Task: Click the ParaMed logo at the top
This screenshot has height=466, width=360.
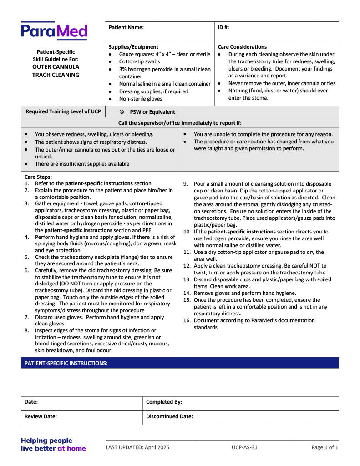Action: pos(54,31)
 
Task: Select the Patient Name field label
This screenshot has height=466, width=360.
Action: pos(126,27)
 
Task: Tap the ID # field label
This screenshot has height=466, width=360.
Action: pos(223,27)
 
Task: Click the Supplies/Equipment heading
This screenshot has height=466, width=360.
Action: pos(133,47)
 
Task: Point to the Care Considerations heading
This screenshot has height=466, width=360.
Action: pos(242,47)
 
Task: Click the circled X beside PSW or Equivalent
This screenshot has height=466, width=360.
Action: pos(122,112)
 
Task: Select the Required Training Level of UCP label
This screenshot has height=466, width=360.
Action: pos(63,111)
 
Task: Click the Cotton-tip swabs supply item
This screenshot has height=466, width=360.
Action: pos(139,61)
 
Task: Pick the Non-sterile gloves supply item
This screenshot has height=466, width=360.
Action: pos(141,99)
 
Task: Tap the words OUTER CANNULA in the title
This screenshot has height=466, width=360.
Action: pos(56,67)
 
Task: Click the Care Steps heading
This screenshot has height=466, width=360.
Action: pos(38,177)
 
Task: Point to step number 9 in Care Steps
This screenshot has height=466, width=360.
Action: pos(186,184)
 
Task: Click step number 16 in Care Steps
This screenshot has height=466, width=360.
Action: pos(187,320)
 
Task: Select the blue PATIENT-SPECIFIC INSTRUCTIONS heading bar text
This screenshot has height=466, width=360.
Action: pos(66,363)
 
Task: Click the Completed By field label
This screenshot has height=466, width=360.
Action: pos(164,402)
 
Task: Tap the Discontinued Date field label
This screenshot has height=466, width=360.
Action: pos(169,416)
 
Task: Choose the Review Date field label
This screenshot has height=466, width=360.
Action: pos(41,416)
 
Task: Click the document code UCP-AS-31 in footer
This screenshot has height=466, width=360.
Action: pos(244,447)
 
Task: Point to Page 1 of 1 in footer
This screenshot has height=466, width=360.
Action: pos(325,447)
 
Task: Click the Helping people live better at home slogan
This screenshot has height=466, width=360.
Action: pos(53,444)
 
